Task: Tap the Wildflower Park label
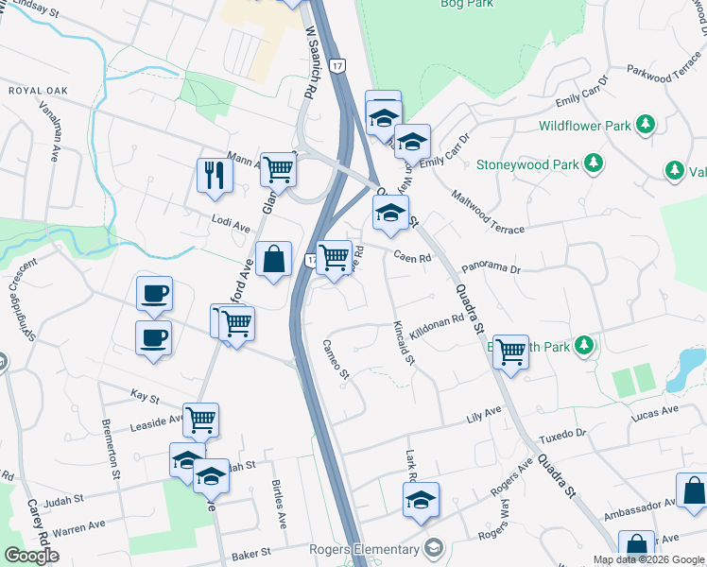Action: tap(584, 125)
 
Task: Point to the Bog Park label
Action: tap(468, 4)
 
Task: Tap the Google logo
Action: tap(31, 556)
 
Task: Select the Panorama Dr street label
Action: tap(490, 270)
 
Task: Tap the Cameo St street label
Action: tap(336, 360)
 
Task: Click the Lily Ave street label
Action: tap(483, 417)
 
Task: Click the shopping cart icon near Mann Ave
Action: tap(279, 171)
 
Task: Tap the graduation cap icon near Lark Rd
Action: tap(421, 500)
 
